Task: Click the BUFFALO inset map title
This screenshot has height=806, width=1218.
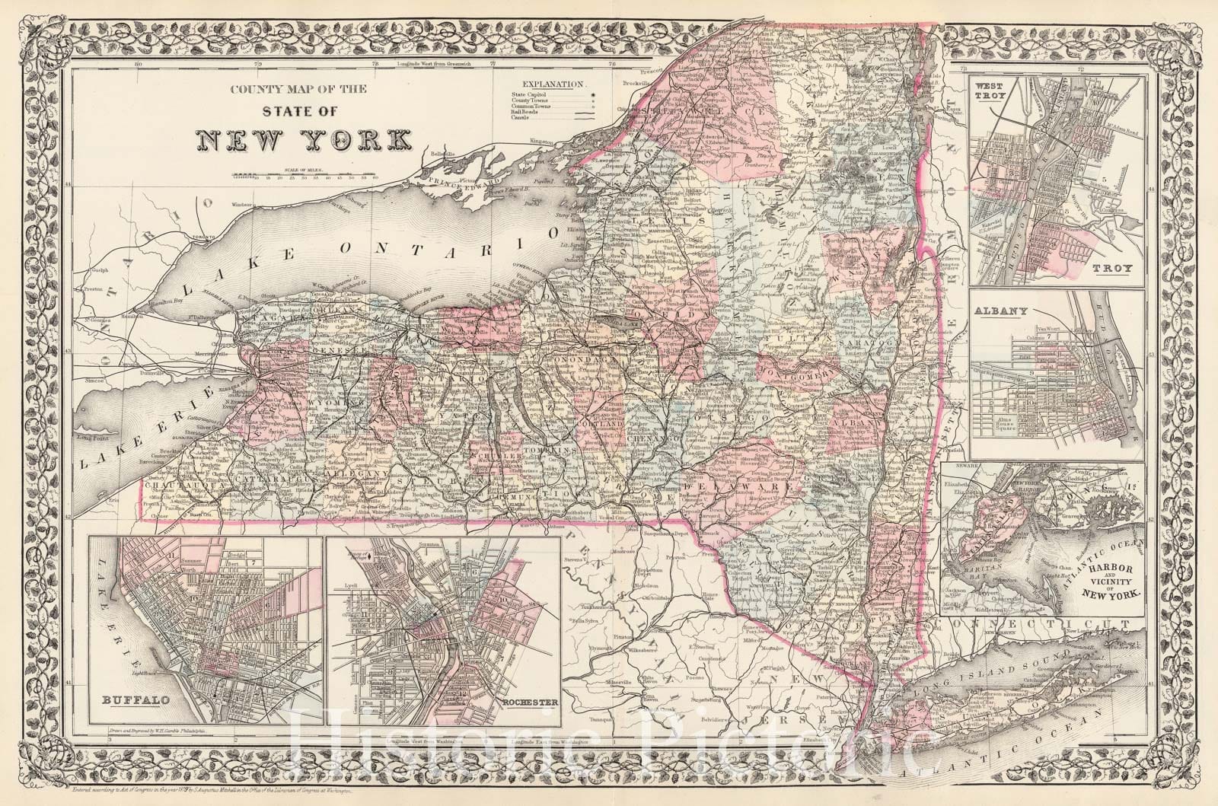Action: tap(127, 699)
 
